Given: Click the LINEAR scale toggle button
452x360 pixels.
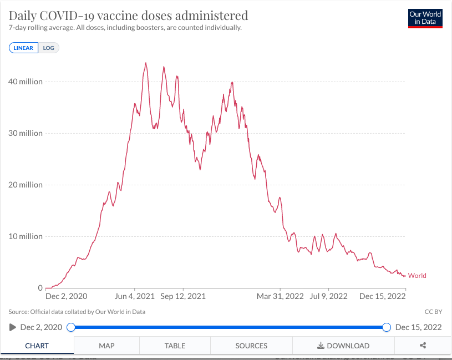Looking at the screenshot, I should pyautogui.click(x=23, y=48).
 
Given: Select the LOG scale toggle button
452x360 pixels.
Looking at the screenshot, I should pyautogui.click(x=49, y=48).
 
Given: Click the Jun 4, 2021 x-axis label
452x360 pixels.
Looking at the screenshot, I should pyautogui.click(x=134, y=296).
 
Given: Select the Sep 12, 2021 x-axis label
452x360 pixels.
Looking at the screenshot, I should pyautogui.click(x=183, y=296).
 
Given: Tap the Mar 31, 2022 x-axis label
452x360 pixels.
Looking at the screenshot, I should pyautogui.click(x=280, y=296).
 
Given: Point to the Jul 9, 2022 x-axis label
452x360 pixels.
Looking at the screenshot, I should pyautogui.click(x=329, y=296).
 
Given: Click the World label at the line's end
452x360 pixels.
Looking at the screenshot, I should pyautogui.click(x=417, y=276).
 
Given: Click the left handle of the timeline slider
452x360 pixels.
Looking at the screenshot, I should pyautogui.click(x=71, y=327).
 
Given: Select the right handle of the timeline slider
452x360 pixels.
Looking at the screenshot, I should pyautogui.click(x=387, y=327).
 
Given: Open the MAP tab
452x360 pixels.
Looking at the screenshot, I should pyautogui.click(x=106, y=346).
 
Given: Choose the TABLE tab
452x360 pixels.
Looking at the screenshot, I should pyautogui.click(x=175, y=346).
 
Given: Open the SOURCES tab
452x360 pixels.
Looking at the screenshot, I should pyautogui.click(x=251, y=346).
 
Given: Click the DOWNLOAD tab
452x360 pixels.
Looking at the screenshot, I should pyautogui.click(x=343, y=346).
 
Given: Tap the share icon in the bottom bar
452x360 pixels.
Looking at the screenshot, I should pyautogui.click(x=423, y=346).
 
